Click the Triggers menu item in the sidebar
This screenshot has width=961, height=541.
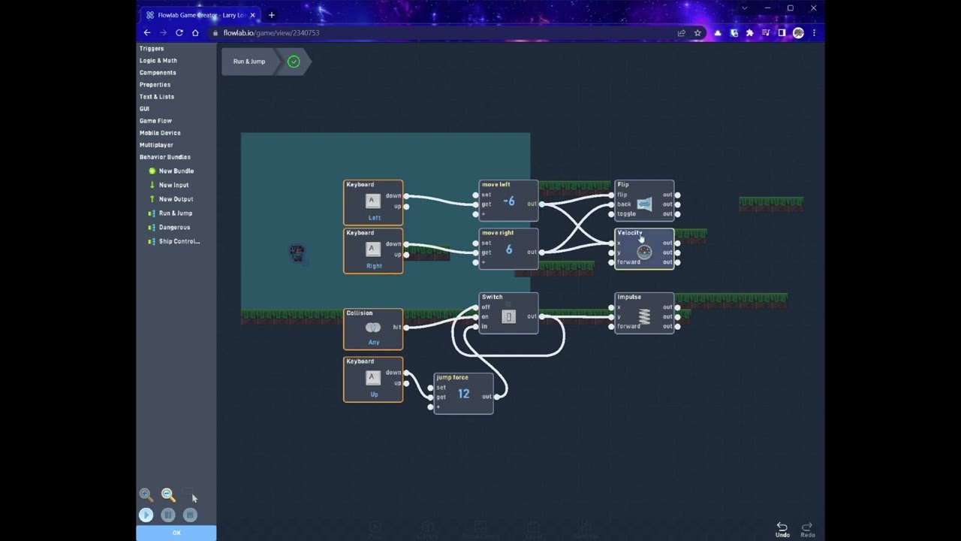point(152,48)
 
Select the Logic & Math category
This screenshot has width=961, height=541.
point(158,60)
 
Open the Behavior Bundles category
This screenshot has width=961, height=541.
point(165,157)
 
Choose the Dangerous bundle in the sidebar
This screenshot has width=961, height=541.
point(174,227)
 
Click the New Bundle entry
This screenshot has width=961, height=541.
point(176,171)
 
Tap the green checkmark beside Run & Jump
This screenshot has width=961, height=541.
point(294,62)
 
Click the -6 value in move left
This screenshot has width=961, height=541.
point(509,201)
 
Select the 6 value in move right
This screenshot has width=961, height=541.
point(509,249)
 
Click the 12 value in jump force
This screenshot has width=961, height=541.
point(463,394)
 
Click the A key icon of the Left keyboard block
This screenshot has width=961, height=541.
point(372,201)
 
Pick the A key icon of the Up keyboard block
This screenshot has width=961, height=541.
point(372,378)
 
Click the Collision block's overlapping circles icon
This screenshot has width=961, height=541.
point(372,328)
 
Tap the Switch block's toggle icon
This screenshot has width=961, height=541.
point(508,317)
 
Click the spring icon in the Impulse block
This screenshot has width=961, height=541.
point(644,317)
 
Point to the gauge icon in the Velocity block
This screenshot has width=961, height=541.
point(644,252)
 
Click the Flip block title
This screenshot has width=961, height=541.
point(623,184)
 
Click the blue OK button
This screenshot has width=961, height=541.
point(176,533)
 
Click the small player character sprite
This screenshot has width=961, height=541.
point(297,253)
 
